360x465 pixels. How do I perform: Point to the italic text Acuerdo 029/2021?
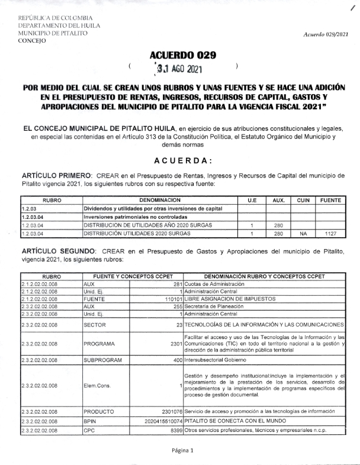(326, 35)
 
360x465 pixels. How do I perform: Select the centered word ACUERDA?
(183, 160)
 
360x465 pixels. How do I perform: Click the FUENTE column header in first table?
(330, 201)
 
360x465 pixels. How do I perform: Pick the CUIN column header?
(303, 201)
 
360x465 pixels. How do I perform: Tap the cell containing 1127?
(330, 234)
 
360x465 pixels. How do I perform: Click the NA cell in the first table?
(303, 234)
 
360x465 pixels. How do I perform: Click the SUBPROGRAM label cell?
(102, 360)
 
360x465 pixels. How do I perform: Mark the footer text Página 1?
(183, 450)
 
